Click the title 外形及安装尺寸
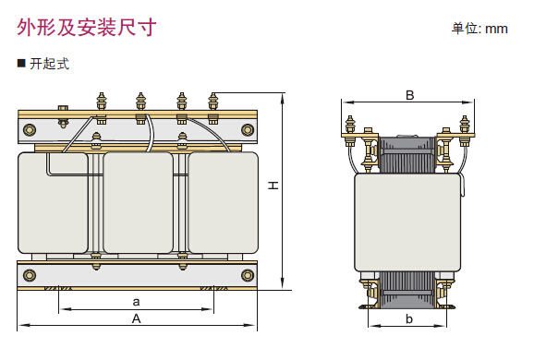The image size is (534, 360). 87,27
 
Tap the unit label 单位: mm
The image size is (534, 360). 479,29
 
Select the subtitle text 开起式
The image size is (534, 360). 49,64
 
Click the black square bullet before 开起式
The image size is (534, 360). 21,64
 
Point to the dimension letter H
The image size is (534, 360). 273,186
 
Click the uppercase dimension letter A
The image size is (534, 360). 136,318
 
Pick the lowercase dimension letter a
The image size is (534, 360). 136,302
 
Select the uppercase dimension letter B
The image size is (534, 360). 409,95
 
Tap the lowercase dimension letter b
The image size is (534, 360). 409,318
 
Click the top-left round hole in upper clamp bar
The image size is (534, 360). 30,129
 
